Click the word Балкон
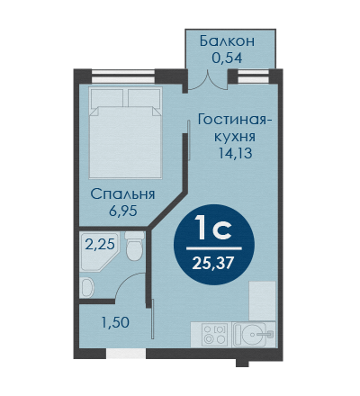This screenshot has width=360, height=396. coord(227,41)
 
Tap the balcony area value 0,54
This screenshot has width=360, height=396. coord(227,58)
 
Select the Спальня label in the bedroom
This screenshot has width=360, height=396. coord(122,195)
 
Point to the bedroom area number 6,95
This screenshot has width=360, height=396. coord(122,211)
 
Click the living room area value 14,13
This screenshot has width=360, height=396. coord(235,153)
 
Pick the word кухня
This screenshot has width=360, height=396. coord(235,137)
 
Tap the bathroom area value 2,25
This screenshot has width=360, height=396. coord(100,245)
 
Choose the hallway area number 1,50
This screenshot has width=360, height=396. coord(115,323)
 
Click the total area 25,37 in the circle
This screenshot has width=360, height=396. coord(212,264)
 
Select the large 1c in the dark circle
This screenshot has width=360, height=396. coord(213,229)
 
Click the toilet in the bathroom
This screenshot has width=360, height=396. coord(134,246)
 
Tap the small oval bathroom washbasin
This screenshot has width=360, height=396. coord(88,287)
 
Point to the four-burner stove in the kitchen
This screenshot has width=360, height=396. coord(214,335)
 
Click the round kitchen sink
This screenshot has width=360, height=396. coord(254,335)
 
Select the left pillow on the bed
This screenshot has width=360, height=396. coord(107,98)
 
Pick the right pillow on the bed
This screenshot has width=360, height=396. coord(145,98)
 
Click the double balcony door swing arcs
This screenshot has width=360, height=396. coord(208,81)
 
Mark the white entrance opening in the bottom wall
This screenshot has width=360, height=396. coord(126,354)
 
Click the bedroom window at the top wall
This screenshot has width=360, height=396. coord(123,76)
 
